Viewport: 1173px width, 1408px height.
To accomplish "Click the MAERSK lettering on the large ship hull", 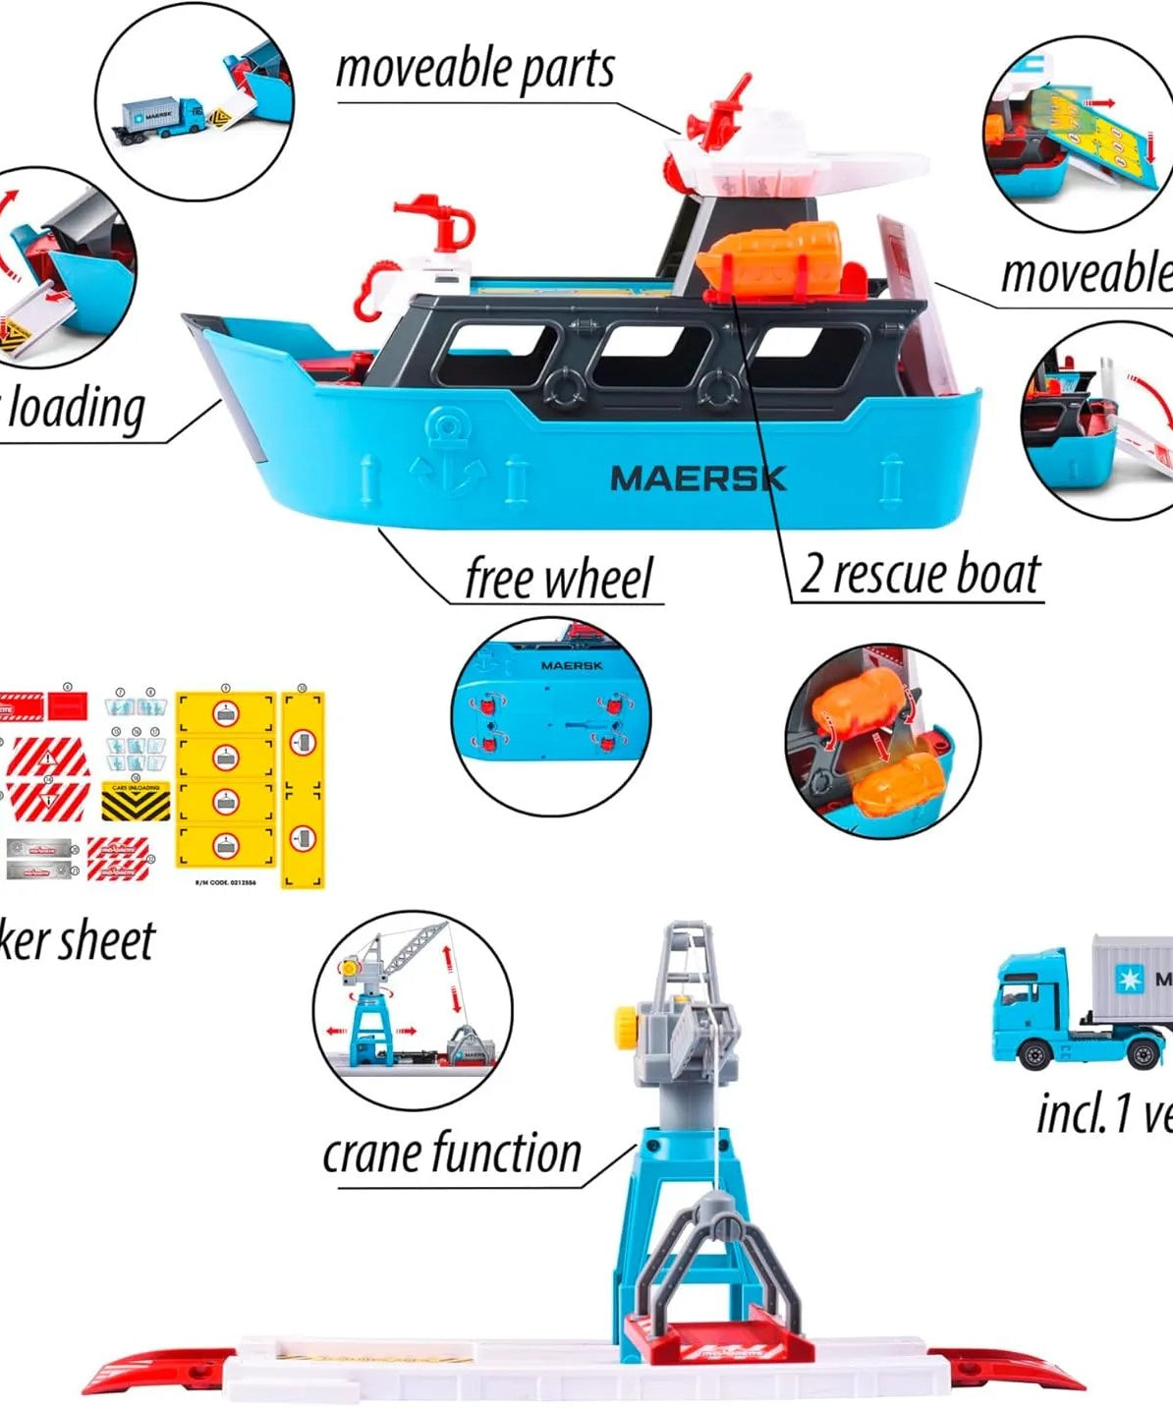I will pos(698,479).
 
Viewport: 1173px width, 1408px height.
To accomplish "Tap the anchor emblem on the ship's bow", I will pos(448,453).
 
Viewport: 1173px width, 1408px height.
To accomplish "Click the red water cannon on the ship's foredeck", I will pos(439,225).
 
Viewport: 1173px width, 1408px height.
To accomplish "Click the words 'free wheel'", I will pos(558,578).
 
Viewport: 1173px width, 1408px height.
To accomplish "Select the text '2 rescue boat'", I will pos(920,574).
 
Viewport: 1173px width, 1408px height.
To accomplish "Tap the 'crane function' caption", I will pos(452,1154).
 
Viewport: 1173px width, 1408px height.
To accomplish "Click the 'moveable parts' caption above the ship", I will pos(475,69).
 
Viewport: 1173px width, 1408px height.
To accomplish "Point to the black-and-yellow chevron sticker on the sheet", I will pos(136,802).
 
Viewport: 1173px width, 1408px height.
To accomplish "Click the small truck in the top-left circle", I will pos(163,118).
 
